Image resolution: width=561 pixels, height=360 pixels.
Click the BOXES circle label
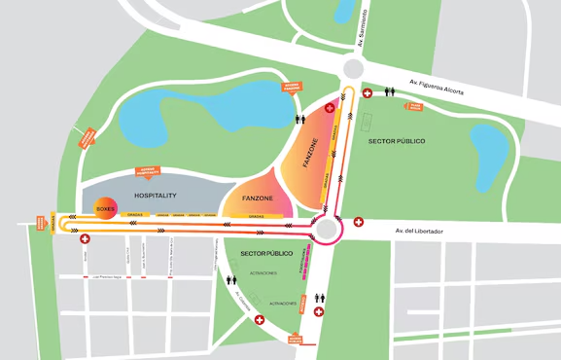(106, 208)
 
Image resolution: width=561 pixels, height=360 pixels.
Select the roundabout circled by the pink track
(328, 230)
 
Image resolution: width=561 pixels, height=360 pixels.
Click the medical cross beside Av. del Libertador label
(359, 222)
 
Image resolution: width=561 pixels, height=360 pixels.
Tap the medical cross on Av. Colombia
(260, 320)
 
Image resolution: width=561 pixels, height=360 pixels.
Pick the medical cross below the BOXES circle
(86, 238)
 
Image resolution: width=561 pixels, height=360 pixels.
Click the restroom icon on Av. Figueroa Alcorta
(389, 93)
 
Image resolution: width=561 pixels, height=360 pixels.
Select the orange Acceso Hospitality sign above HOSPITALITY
(149, 171)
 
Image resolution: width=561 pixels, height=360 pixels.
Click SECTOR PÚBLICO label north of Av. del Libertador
(397, 142)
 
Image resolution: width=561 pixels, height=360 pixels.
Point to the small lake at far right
(488, 147)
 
